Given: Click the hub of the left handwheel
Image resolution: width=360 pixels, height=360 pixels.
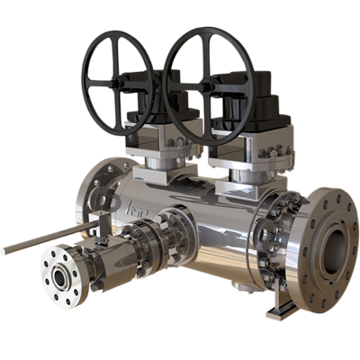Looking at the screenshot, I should [122, 84].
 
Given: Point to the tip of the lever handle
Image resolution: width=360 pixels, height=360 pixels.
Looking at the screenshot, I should [5, 248].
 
